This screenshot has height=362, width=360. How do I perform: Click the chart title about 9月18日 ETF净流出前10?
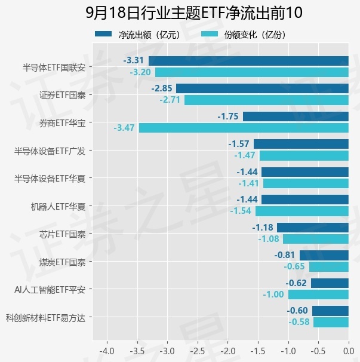tap(194, 13)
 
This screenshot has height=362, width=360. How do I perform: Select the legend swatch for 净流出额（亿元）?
tap(103, 34)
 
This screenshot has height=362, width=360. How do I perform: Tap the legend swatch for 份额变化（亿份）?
tap(210, 34)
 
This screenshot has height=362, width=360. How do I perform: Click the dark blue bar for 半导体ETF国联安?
tap(248, 61)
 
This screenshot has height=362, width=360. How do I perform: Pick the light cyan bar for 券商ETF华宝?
tap(244, 128)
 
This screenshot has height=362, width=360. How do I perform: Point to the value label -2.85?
tap(162, 88)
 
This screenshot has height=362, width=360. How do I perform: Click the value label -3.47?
tap(124, 128)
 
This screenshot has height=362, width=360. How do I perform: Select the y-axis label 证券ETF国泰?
tap(62, 95)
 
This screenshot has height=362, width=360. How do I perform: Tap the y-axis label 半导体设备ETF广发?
tap(50, 151)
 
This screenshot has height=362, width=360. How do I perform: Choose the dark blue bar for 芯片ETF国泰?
tap(313, 228)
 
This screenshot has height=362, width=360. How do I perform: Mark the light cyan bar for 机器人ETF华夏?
tap(302, 211)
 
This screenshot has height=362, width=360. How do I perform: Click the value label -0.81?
tap(285, 255)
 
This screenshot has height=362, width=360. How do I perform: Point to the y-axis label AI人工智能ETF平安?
tap(50, 290)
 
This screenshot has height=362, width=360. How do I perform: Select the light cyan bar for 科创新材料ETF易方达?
tap(331, 323)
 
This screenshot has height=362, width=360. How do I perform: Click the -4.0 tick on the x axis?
tap(107, 351)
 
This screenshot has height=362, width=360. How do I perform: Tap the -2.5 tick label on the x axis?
tap(198, 351)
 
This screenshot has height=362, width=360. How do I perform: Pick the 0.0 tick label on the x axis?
tap(349, 351)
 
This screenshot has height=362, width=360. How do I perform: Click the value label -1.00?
tap(273, 294)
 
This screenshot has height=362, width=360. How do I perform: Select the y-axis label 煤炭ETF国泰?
tap(62, 262)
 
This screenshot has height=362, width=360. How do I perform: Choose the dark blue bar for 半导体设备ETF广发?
tap(301, 144)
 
